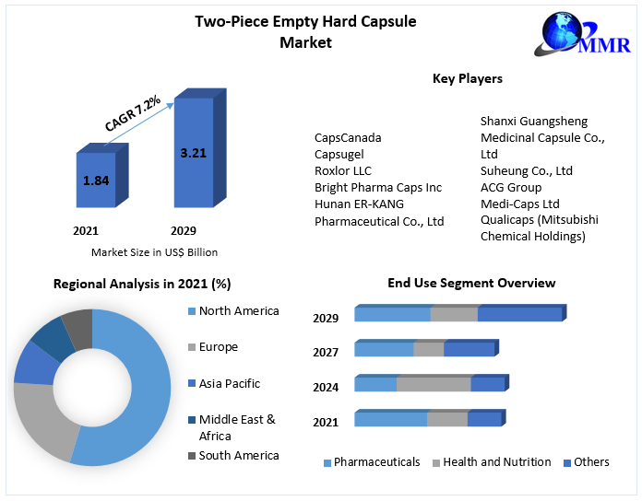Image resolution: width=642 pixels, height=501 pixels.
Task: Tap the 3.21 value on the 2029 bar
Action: pyautogui.click(x=193, y=153)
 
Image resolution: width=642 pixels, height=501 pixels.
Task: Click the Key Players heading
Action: pyautogui.click(x=468, y=79)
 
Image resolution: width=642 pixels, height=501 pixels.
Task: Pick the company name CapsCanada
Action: pyautogui.click(x=348, y=138)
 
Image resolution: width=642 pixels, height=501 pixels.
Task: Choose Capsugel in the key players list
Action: pyautogui.click(x=340, y=155)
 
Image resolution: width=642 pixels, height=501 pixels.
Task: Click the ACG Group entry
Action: pyautogui.click(x=511, y=188)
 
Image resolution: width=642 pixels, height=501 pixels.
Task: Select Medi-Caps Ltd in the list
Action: pyautogui.click(x=519, y=204)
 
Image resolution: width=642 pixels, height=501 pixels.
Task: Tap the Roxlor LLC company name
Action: pyautogui.click(x=343, y=171)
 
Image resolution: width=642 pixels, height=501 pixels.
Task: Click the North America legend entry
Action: pyautogui.click(x=238, y=311)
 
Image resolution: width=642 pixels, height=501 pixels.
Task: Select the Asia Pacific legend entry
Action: pyautogui.click(x=229, y=384)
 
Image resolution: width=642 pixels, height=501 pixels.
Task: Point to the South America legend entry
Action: pyautogui.click(x=238, y=456)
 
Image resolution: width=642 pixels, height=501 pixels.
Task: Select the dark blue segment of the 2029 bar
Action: pyautogui.click(x=519, y=314)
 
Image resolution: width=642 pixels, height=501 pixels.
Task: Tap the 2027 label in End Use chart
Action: pyautogui.click(x=326, y=353)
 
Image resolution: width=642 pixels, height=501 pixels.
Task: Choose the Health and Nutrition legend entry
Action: pyautogui.click(x=496, y=462)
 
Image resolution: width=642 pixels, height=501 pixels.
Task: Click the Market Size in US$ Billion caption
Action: pyautogui.click(x=154, y=252)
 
